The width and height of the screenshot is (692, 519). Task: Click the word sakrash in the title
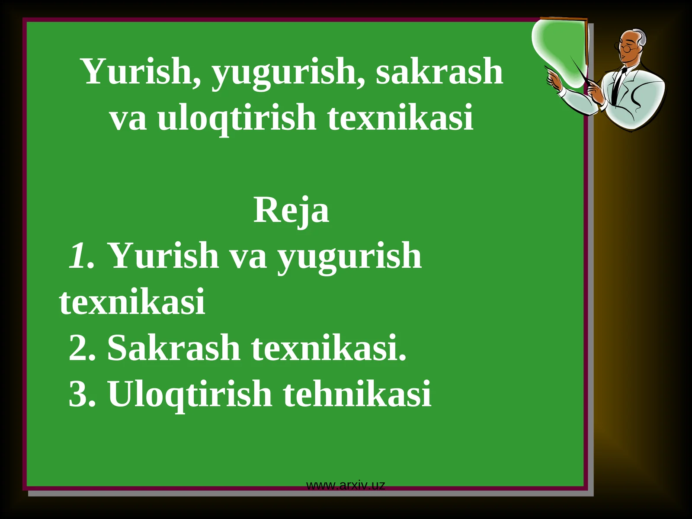point(439,71)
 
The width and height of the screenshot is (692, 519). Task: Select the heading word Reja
point(291,210)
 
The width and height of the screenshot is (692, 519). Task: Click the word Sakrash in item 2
point(173,348)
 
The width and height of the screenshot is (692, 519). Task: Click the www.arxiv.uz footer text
point(345,485)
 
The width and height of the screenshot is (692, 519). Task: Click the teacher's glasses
point(625,48)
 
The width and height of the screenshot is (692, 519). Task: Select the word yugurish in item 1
point(349,256)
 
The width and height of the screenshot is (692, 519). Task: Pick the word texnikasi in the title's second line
point(400,118)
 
